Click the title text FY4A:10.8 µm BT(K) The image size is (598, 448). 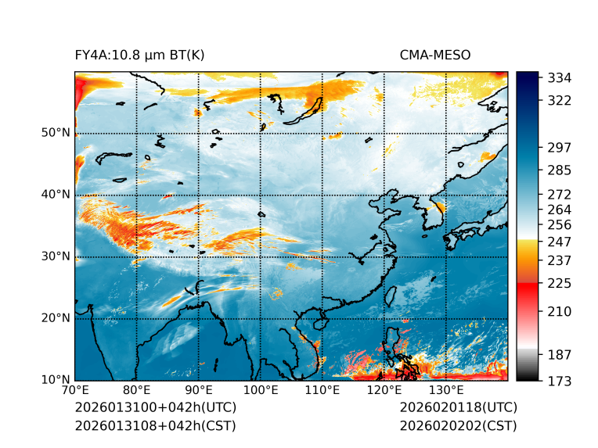click(139, 55)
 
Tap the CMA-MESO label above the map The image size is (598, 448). click(435, 55)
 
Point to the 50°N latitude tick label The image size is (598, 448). click(56, 133)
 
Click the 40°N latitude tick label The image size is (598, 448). click(56, 195)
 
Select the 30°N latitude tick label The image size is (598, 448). click(56, 256)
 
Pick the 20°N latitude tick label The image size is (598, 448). click(56, 318)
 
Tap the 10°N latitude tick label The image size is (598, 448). click(56, 380)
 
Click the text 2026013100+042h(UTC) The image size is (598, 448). click(155, 408)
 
